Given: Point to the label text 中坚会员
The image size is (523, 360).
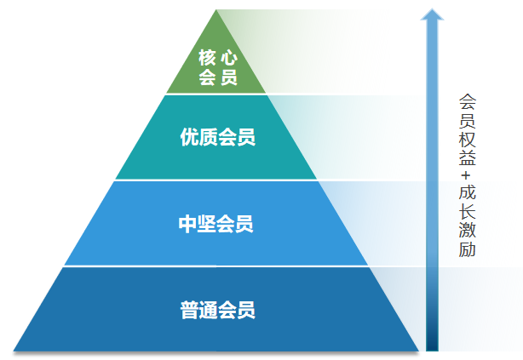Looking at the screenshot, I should click(216, 225).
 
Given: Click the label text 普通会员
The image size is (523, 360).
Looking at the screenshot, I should click(217, 310).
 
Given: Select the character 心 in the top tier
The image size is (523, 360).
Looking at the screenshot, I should click(228, 59).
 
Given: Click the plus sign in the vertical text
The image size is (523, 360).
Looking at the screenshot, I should click(467, 177).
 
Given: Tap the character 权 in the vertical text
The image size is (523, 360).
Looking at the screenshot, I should click(467, 139).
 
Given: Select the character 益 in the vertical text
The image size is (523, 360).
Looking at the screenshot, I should click(467, 158).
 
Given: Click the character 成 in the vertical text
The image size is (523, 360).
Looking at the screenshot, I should click(467, 195).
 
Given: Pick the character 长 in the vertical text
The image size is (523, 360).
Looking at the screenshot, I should click(467, 214).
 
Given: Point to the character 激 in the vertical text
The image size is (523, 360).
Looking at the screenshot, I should click(467, 232).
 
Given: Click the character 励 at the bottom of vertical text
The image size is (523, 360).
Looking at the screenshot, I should click(467, 251).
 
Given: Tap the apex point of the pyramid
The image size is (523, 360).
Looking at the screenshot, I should click(217, 11).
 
